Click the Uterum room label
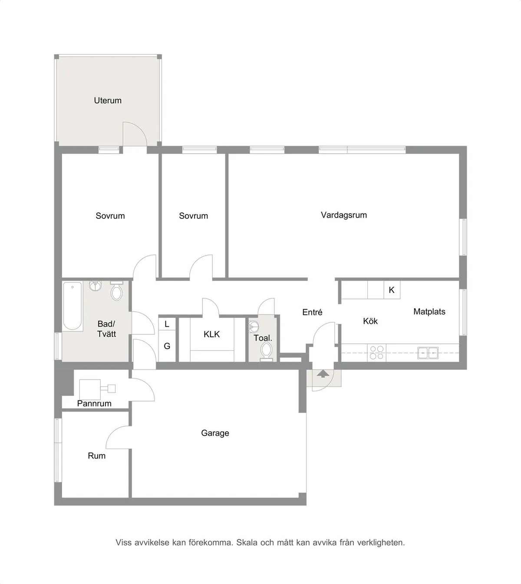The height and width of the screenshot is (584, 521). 108,100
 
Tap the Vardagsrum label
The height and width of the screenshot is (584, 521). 343,215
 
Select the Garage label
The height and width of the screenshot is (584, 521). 215,433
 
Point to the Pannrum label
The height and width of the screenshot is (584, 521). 94,403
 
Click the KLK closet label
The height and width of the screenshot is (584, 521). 211,334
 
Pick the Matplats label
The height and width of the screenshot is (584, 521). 429,311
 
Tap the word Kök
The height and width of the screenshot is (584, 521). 370,321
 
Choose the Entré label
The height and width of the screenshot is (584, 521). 312,312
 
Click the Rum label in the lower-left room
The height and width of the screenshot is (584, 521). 96,455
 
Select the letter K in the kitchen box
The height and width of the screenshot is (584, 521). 392,290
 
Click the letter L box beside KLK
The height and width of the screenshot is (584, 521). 167,324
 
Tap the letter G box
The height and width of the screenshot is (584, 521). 167,346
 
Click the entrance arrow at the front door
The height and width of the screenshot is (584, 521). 322,373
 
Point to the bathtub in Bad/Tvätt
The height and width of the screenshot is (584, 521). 73,306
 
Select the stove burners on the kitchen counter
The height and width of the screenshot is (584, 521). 376,353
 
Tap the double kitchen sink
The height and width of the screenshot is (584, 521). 428,353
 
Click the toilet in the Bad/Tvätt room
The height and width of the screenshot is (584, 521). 116,292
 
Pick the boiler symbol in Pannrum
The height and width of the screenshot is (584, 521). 90,389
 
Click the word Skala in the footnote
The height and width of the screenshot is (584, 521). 247,542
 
